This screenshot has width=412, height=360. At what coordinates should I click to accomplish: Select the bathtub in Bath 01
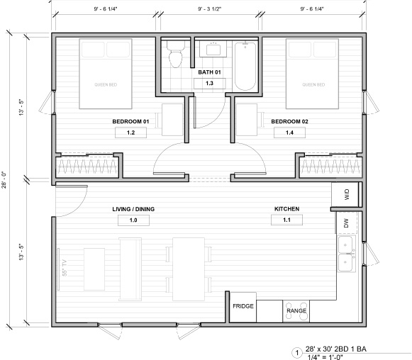(245, 66)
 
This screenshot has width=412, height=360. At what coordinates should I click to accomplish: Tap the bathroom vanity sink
(213, 49)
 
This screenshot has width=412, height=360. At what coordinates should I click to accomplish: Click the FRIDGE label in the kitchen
(243, 306)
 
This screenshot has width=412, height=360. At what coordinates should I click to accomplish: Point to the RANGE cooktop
(296, 311)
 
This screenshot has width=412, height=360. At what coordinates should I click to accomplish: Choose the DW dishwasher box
(347, 223)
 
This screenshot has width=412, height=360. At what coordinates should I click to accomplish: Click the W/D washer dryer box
(345, 194)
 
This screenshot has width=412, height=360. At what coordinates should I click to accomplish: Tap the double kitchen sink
(346, 254)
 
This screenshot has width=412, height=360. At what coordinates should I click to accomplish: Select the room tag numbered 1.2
(131, 133)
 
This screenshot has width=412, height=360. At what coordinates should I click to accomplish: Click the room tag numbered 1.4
(289, 133)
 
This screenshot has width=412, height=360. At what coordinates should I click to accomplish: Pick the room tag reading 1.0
(133, 220)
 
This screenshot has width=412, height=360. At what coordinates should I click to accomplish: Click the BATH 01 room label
(209, 72)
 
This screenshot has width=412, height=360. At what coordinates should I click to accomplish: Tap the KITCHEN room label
(286, 209)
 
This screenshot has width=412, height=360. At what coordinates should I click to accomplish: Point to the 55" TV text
(65, 268)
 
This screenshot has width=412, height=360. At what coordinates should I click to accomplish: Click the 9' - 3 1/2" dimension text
(210, 9)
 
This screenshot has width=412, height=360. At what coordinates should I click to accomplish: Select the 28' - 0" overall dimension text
(5, 181)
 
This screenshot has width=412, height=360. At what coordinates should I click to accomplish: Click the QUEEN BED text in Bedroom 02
(313, 84)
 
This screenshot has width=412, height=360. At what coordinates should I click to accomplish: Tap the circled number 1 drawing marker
(297, 353)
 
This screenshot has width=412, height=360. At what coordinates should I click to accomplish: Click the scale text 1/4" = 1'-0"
(325, 357)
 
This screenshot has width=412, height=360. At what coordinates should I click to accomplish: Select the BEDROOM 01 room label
(130, 122)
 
